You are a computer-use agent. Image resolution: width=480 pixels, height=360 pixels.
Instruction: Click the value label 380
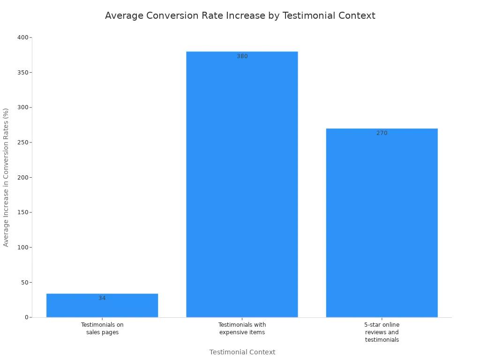pyautogui.click(x=242, y=56)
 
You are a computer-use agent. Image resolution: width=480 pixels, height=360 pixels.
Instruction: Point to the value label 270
pyautogui.click(x=382, y=133)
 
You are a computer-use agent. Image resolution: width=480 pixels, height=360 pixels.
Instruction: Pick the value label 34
pyautogui.click(x=102, y=298)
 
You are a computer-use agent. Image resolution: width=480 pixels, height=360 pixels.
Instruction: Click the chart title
pyautogui.click(x=240, y=15)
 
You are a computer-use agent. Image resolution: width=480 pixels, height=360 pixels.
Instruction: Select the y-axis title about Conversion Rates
pyautogui.click(x=6, y=177)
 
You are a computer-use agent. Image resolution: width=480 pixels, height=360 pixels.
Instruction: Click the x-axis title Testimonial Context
pyautogui.click(x=242, y=352)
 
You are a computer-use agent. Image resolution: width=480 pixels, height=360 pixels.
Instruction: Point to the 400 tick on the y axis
pyautogui.click(x=22, y=37)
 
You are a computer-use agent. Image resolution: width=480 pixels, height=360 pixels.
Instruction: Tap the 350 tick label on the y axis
pyautogui.click(x=22, y=73)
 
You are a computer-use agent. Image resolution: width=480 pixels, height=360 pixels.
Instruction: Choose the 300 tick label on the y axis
pyautogui.click(x=22, y=107)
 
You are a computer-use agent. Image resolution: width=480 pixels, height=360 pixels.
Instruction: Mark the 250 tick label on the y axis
pyautogui.click(x=22, y=142)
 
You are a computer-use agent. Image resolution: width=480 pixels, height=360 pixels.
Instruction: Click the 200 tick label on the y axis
pyautogui.click(x=22, y=178)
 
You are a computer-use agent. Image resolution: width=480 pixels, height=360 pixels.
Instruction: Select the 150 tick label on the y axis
pyautogui.click(x=22, y=212)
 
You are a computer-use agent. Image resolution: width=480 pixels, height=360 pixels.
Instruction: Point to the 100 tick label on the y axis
pyautogui.click(x=22, y=247)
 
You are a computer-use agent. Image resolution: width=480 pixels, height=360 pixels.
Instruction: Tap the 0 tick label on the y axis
pyautogui.click(x=27, y=317)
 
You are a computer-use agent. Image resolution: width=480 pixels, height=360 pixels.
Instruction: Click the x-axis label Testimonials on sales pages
pyautogui.click(x=102, y=329)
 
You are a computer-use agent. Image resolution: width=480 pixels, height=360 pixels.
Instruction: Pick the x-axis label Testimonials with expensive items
pyautogui.click(x=242, y=329)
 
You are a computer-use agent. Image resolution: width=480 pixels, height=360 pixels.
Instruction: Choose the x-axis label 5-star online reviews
pyautogui.click(x=382, y=332)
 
